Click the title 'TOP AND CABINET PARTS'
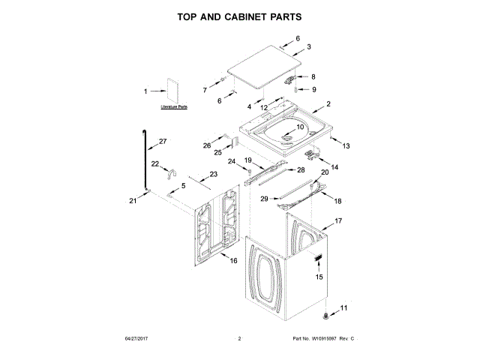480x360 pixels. [240, 16]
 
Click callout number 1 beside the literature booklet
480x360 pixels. [145, 91]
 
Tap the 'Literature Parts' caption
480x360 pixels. [174, 107]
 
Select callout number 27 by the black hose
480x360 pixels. [163, 140]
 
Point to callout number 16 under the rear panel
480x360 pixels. [233, 261]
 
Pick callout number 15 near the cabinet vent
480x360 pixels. [319, 277]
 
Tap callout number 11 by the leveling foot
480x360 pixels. [344, 308]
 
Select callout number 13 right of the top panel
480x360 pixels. [346, 145]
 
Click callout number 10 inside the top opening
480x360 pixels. [300, 127]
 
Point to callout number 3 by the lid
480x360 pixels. [308, 46]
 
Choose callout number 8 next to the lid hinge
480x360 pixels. [313, 76]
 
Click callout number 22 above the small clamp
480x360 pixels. [155, 163]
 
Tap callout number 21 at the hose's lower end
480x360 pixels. [133, 200]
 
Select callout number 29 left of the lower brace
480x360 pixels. [264, 199]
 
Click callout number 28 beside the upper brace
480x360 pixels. [301, 170]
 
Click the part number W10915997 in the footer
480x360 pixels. [327, 340]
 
